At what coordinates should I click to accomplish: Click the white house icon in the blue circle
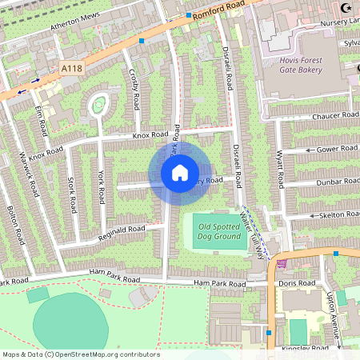pos(180,172)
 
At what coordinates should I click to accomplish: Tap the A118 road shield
pos(72,70)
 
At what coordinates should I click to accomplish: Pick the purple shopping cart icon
pos(281,262)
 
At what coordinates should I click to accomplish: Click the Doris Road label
pos(293,284)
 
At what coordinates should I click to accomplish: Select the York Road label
pos(102,189)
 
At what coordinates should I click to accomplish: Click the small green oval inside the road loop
pos(98,103)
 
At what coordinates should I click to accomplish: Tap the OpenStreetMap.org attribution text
pos(80,354)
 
